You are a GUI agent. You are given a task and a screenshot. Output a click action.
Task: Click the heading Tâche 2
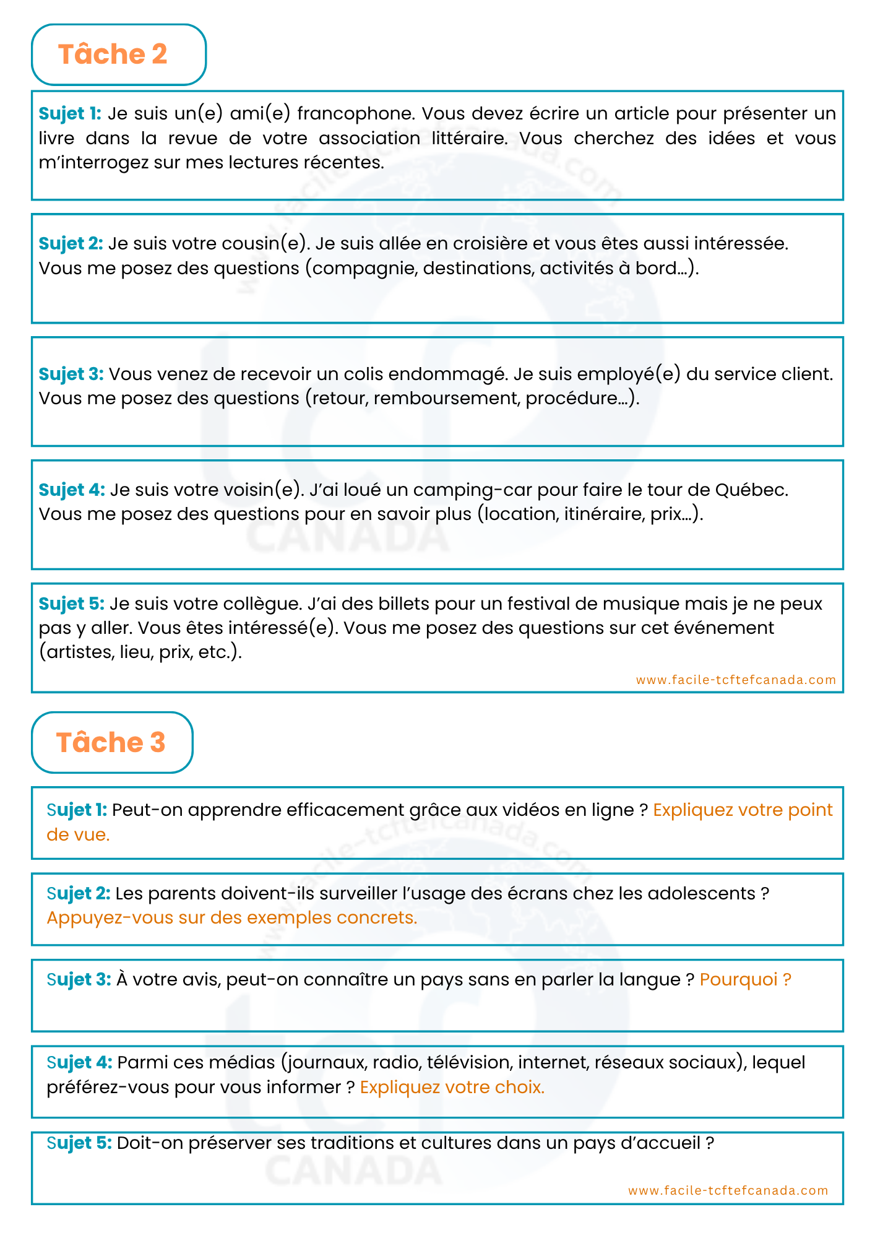click(x=113, y=54)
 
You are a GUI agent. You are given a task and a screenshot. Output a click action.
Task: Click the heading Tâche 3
click(x=111, y=742)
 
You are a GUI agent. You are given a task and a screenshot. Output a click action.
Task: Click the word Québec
click(x=752, y=490)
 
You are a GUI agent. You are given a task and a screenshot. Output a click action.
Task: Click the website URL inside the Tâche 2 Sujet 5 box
click(x=736, y=680)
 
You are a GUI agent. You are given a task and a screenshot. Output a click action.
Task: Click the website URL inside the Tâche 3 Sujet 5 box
click(x=728, y=1190)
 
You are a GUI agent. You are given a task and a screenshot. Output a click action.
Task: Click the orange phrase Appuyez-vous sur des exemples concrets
click(x=232, y=917)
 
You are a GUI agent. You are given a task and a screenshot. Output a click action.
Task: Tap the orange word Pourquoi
click(x=738, y=979)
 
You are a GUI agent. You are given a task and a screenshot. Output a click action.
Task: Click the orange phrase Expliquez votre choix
click(x=452, y=1087)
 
